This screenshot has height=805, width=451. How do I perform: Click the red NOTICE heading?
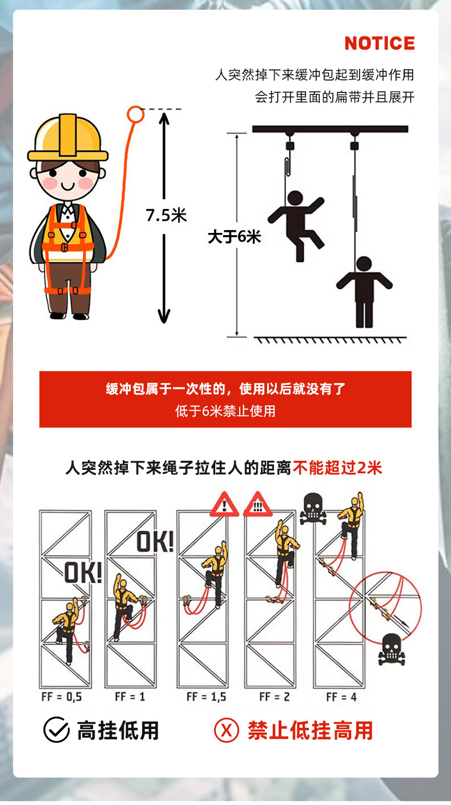(379, 43)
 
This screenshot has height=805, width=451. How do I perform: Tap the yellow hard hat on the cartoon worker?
(68, 138)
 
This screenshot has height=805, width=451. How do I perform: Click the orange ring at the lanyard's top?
(135, 114)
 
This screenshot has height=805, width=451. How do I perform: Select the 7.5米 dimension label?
(166, 215)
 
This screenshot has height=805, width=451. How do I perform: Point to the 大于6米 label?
(234, 236)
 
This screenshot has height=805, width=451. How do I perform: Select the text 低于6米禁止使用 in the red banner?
(225, 411)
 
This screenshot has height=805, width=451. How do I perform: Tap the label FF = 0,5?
(61, 697)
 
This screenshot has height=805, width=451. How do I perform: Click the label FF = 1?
(130, 697)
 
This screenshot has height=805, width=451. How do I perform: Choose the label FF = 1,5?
(206, 697)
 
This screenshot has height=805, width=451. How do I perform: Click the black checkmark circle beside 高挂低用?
(57, 730)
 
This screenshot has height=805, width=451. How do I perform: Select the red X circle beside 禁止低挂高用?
(226, 730)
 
